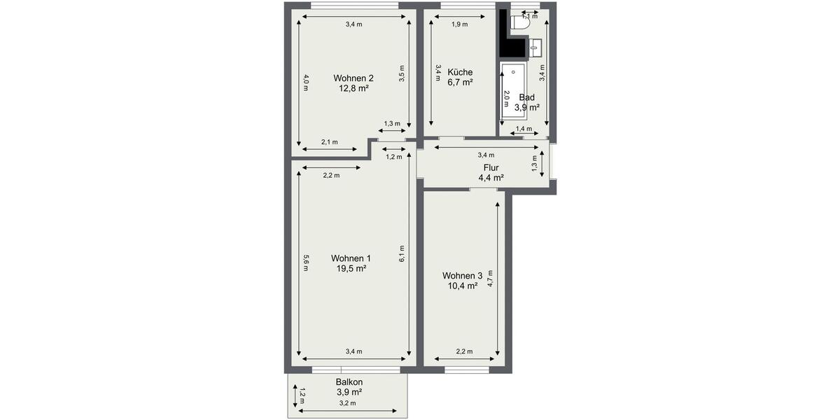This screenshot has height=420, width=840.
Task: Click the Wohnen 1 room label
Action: click(x=351, y=258)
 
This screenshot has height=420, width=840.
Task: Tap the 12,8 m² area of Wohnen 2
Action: click(x=353, y=88)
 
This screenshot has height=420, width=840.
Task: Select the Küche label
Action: click(x=460, y=72)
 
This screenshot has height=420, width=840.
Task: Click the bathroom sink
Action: click(x=536, y=48)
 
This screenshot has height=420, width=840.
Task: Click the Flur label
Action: click(x=491, y=167)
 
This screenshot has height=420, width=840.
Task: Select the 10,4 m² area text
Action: click(x=463, y=286)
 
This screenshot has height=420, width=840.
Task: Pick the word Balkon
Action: click(x=349, y=382)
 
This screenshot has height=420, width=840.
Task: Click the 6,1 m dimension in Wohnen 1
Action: click(x=402, y=253)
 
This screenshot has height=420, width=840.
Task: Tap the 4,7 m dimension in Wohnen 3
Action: click(x=490, y=279)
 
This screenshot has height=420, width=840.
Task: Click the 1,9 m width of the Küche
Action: click(x=460, y=24)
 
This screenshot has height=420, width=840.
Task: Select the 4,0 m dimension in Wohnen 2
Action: click(x=306, y=82)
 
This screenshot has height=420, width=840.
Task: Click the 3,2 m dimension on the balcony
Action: click(x=348, y=403)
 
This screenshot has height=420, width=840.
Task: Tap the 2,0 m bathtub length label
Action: click(x=506, y=98)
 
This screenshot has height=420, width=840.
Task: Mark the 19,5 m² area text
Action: click(x=351, y=268)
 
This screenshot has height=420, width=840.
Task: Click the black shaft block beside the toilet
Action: click(x=512, y=46)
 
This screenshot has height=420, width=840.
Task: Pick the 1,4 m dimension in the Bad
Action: click(x=522, y=129)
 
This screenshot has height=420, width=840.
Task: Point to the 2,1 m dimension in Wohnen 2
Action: click(x=329, y=142)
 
